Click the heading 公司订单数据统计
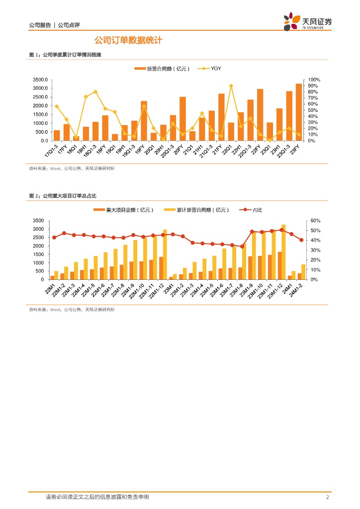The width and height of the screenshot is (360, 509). pos(128,40)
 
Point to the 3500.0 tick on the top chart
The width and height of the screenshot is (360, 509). pos(40,80)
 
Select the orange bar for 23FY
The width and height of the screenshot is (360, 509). pos(299,112)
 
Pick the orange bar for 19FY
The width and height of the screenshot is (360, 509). pos(144,121)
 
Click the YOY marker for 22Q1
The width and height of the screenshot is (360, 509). pos(231,85)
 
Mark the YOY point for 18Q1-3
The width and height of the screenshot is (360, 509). pos(95,92)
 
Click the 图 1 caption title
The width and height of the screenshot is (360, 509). pos(65,55)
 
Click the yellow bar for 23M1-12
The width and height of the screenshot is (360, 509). pos(284,252)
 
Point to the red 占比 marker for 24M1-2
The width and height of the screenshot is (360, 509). pos(301,240)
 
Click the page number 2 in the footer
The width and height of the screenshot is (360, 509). pos(327,497)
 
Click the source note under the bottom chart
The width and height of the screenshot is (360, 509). pos(72,309)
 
